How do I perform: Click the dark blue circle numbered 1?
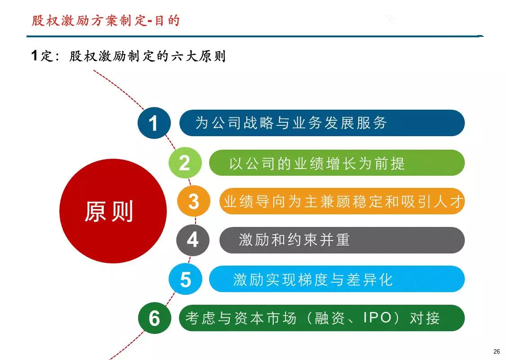[x=154, y=123]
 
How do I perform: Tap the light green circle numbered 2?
[x=185, y=163]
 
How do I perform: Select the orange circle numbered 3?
[x=193, y=201]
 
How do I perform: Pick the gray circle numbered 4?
[x=193, y=240]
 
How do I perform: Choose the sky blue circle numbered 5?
[x=185, y=279]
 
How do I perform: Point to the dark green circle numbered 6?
[x=155, y=318]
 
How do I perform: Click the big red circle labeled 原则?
[x=113, y=211]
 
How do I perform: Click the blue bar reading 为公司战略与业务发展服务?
[x=322, y=123]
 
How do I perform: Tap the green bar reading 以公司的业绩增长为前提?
[x=337, y=163]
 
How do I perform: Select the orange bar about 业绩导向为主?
[x=342, y=201]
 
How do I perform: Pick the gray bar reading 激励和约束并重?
[x=342, y=240]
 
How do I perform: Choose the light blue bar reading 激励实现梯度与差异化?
[x=337, y=279]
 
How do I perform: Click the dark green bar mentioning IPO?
[x=322, y=318]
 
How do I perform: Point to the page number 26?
[x=497, y=351]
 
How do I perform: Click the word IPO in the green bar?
[x=378, y=318]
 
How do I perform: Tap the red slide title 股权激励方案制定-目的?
[x=106, y=21]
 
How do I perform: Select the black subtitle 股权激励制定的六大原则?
[x=147, y=56]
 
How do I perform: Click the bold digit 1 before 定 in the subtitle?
[x=35, y=55]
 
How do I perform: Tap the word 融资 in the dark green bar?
[x=330, y=318]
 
